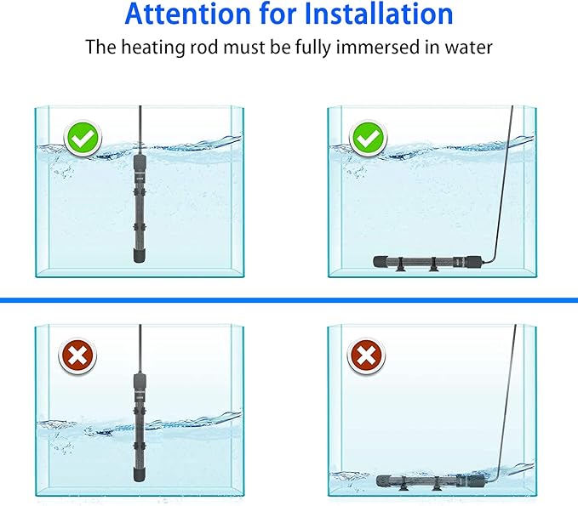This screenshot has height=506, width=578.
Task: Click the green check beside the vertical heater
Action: [82, 136]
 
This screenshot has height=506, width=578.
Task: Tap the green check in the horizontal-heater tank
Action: [369, 136]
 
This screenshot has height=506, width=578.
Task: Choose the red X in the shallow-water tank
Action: [366, 358]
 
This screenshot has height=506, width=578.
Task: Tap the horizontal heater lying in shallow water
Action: [426, 480]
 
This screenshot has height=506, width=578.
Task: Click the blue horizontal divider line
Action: [289, 300]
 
